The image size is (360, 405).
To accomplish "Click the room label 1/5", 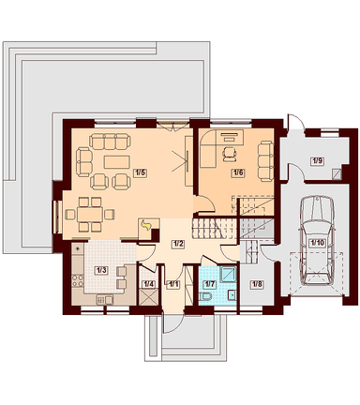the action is [140, 172].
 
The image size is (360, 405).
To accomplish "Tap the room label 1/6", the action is [237, 172].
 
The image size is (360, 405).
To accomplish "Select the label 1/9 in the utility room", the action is [317, 161].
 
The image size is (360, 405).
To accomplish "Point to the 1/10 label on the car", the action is [316, 243].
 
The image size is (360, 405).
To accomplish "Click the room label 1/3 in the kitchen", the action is [101, 270].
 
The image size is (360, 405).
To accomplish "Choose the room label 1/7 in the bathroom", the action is [209, 284].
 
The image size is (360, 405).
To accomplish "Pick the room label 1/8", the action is [256, 284].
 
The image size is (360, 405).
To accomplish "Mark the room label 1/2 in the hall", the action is [177, 244].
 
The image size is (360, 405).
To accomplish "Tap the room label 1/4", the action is [148, 284].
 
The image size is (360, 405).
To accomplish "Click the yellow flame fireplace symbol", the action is [146, 225].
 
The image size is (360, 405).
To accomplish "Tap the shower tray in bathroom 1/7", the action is [229, 275].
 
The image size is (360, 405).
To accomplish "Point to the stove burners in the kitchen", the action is [78, 280].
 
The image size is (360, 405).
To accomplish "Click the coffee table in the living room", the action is [116, 162].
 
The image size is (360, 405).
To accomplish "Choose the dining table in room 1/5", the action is [90, 215].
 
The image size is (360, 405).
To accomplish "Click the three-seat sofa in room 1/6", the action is [265, 160].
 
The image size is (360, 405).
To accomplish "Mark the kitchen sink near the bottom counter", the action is [105, 300].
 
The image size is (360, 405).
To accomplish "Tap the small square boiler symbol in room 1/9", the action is [337, 173].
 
